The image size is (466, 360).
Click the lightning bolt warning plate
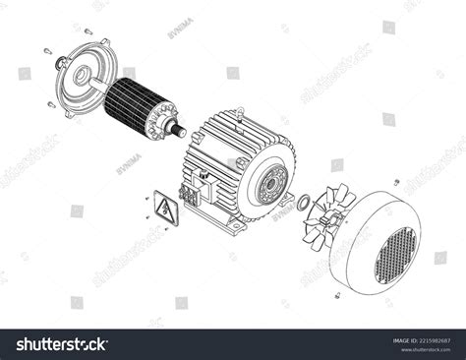161,209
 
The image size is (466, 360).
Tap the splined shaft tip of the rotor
182,129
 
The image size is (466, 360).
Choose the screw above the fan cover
395,183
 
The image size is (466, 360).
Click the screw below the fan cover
337,294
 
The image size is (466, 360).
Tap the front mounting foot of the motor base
237,228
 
